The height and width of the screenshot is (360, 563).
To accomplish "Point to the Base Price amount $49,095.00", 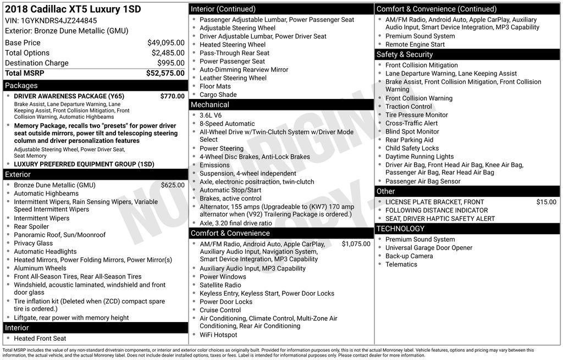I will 166,42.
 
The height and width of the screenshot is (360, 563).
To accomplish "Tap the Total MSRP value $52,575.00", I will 165,73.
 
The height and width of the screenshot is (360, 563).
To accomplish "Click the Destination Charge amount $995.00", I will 171,63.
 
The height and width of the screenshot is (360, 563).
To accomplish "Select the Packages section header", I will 21,86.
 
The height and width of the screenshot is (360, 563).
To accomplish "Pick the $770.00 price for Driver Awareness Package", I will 173,96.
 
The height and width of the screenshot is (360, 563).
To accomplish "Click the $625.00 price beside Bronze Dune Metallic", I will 173,185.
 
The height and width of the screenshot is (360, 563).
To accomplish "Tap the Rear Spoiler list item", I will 31,226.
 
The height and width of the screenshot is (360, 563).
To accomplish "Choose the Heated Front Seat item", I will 40,339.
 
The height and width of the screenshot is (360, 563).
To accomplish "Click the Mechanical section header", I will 210,104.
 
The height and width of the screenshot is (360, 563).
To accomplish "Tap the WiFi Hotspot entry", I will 218,335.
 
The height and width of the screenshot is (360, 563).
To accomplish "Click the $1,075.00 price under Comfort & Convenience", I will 356,244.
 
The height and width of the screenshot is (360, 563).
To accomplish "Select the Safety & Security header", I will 405,54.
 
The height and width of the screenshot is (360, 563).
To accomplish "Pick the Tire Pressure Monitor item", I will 417,115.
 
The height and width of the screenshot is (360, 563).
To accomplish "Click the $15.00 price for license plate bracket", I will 547,202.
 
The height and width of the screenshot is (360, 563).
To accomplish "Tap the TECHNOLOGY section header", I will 401,229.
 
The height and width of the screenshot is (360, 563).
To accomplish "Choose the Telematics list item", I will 401,264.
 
